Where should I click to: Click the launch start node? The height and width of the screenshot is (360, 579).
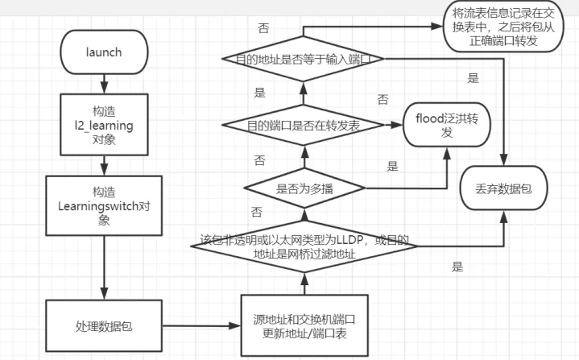[103, 52]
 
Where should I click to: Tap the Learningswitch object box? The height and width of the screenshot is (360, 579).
[105, 205]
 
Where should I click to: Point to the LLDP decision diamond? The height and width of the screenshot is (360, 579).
[304, 246]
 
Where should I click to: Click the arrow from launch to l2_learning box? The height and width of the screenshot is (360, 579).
[104, 84]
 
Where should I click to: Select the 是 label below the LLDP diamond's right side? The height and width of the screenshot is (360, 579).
[458, 267]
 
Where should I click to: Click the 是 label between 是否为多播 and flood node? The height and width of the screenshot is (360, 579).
[393, 168]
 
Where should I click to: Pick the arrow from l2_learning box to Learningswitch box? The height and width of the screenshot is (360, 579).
[104, 166]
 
